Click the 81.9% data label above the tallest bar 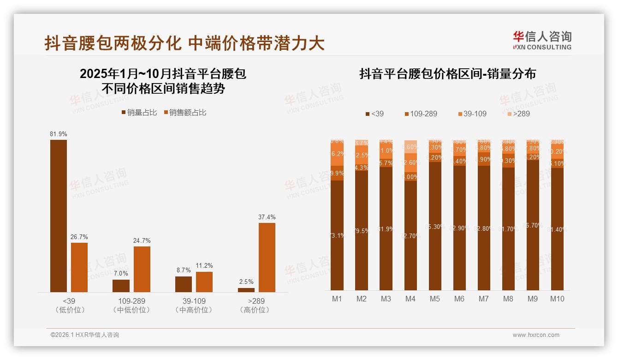(59, 134)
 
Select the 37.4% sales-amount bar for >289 (267, 257)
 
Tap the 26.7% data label (79, 237)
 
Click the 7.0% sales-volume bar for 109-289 (121, 286)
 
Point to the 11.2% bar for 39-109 (204, 282)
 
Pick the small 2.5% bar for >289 (246, 290)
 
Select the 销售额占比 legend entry (184, 113)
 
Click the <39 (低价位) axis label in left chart (70, 305)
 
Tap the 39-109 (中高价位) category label (194, 305)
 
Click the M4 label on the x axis (410, 299)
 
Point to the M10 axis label (557, 299)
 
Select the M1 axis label (337, 299)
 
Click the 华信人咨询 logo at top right (542, 40)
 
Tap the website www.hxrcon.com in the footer (536, 335)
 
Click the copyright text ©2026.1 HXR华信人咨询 (85, 335)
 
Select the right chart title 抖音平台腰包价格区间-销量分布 (447, 74)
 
